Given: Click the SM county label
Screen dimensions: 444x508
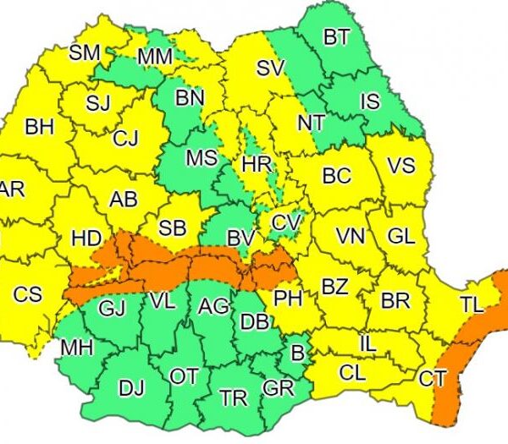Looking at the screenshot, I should click(x=84, y=52).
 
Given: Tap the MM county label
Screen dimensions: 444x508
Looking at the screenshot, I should click(x=155, y=57).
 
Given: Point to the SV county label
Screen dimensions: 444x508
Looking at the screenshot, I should click(x=270, y=68).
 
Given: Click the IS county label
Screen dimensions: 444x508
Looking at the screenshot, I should click(x=370, y=102).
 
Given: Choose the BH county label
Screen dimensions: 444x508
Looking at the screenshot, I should click(x=39, y=128).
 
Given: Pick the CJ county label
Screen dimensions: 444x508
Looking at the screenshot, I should click(x=125, y=138).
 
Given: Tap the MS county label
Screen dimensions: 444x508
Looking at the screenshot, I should click(x=202, y=158).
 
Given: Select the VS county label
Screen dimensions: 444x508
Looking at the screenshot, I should click(x=400, y=166).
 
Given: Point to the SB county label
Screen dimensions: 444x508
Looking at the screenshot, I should click(x=173, y=228).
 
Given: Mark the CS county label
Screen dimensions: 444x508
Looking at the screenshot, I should click(x=27, y=295).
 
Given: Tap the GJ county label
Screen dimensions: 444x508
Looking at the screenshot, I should click(x=112, y=309).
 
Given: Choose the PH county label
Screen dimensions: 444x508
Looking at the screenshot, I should click(x=288, y=298).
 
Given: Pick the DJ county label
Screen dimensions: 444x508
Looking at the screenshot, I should click(x=131, y=388).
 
